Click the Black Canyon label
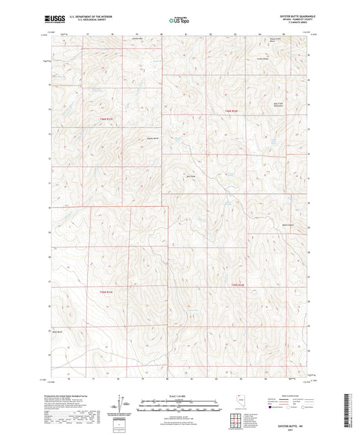(x=288, y=225)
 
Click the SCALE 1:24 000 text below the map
(x=179, y=395)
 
